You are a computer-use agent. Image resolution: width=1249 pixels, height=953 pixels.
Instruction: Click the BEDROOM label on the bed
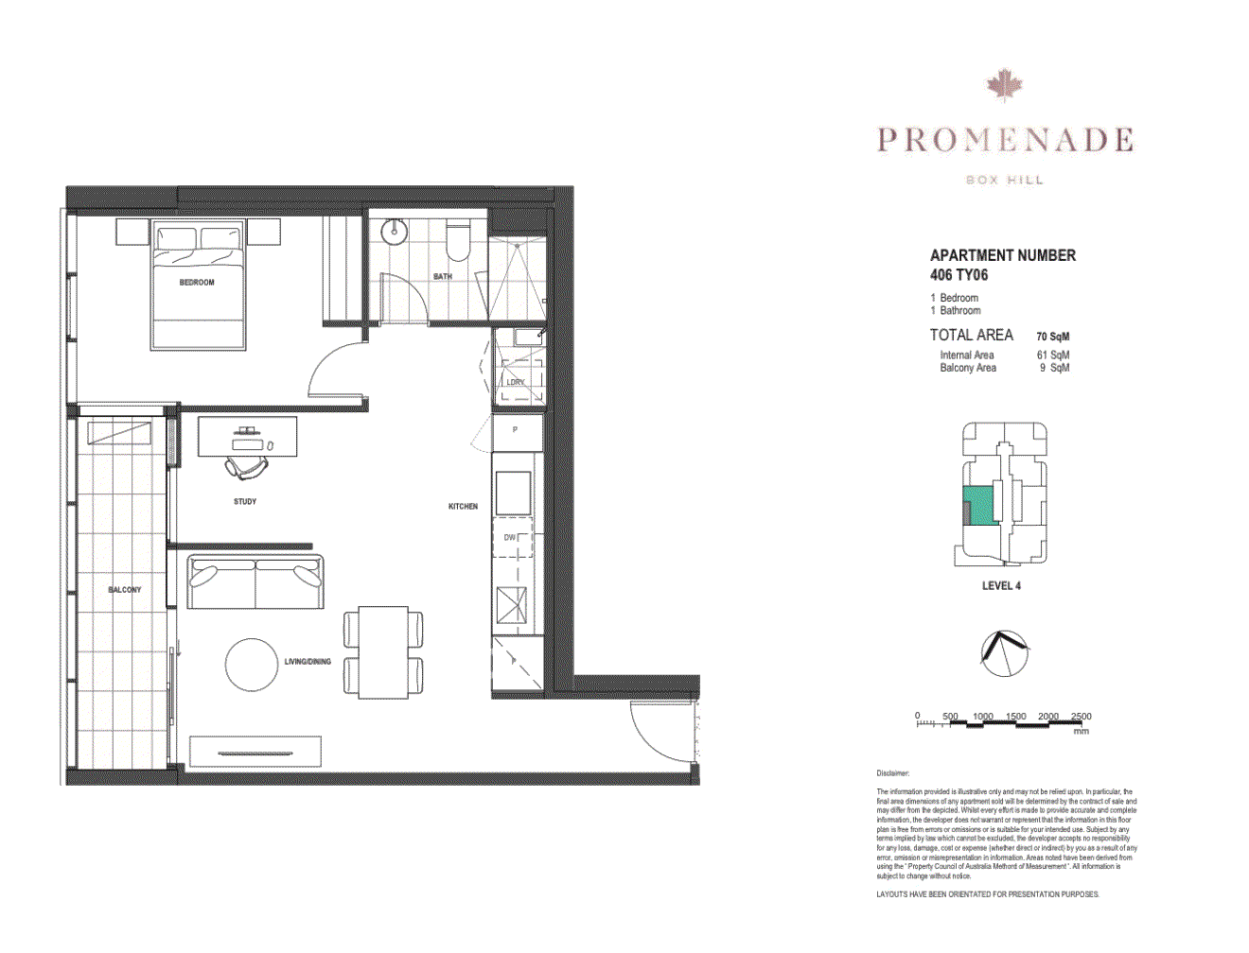point(197,283)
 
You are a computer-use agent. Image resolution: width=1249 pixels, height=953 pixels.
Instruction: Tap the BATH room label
point(442,277)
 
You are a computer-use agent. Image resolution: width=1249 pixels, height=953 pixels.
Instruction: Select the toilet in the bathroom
point(457,240)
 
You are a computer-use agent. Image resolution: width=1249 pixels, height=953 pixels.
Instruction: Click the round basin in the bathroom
point(394,231)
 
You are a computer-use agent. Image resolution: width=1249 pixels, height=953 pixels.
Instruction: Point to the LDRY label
point(515,382)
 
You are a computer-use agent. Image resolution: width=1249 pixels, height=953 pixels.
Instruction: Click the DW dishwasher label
point(509,538)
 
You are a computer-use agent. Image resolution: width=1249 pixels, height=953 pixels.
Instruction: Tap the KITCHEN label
point(463,507)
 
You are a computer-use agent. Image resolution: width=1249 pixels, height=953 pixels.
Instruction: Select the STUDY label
point(245,502)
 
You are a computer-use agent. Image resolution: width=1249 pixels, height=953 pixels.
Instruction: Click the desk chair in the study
point(246,465)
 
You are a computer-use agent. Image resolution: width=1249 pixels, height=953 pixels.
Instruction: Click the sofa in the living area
point(255,581)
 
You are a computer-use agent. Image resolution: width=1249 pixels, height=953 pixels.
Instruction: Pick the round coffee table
point(252,665)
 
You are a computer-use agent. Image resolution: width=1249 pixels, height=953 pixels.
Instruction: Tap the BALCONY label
point(124,590)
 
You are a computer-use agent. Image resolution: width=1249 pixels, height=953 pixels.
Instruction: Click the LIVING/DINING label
point(308,662)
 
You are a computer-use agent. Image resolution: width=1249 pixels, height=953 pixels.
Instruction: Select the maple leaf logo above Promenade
point(1004,85)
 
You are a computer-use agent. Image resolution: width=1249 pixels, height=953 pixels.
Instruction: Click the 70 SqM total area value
point(1052,337)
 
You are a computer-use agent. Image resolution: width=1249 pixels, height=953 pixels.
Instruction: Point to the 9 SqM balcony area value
point(1054,368)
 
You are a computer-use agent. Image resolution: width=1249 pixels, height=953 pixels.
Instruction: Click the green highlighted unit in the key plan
point(981,505)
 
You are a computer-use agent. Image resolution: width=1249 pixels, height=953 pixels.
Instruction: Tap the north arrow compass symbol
point(1004,653)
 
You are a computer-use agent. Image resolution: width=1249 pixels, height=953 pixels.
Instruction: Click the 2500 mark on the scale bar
point(1081,717)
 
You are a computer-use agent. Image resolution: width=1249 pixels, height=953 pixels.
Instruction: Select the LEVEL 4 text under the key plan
point(1001,586)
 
